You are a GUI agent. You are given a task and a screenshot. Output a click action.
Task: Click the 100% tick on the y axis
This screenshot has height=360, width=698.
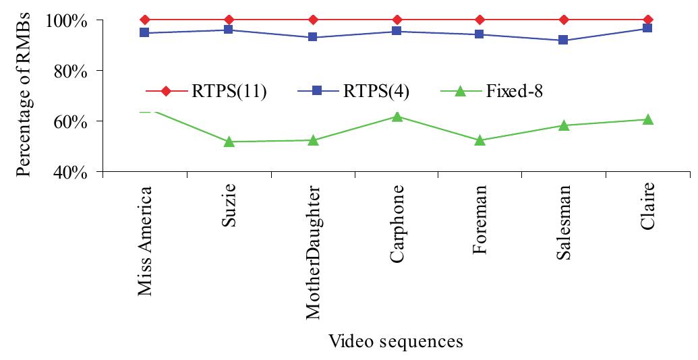pyautogui.click(x=67, y=20)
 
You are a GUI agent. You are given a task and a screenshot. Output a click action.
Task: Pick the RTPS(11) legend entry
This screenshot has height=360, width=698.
pyautogui.click(x=206, y=91)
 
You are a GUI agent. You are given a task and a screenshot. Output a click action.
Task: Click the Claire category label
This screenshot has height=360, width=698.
pyautogui.click(x=648, y=210)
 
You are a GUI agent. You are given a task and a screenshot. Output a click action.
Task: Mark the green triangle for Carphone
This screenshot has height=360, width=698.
pyautogui.click(x=397, y=117)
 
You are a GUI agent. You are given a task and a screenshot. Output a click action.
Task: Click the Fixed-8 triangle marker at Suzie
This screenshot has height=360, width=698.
pyautogui.click(x=229, y=142)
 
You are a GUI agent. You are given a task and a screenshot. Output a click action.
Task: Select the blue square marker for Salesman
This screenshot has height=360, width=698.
pyautogui.click(x=564, y=40)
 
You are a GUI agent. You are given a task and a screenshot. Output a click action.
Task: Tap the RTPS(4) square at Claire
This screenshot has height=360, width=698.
pyautogui.click(x=648, y=28)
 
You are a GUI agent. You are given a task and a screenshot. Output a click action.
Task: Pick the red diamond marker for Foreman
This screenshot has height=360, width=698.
pyautogui.click(x=480, y=20)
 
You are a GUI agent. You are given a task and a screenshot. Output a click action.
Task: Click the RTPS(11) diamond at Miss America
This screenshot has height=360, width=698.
pyautogui.click(x=146, y=20)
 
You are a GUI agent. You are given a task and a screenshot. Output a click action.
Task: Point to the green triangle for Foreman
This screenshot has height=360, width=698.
pyautogui.click(x=480, y=140)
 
